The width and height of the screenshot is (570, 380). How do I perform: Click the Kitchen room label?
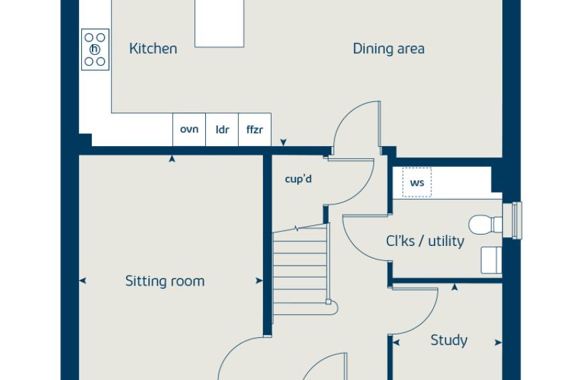pos(153,49)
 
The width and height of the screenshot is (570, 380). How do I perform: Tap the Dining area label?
pos(388,49)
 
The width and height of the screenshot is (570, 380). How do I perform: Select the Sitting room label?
pos(165,281)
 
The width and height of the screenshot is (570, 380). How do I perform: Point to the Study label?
pos(449,340)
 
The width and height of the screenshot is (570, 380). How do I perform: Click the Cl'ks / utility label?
pos(425,241)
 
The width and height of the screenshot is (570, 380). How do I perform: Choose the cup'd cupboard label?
pos(298,179)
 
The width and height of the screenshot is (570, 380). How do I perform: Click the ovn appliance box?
pos(189,130)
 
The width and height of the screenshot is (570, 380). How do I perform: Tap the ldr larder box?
pos(222,130)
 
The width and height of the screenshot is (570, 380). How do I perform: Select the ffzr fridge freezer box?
pos(255,130)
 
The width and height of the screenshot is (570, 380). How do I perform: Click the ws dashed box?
pos(417,182)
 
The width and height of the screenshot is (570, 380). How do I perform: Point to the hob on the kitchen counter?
pos(95,50)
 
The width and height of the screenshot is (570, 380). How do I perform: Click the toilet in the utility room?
pos(486,225)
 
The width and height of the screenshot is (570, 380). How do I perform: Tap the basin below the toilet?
pos(492,260)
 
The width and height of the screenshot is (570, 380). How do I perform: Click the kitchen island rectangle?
pos(219,23)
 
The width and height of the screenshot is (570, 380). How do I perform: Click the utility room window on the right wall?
pos(512,220)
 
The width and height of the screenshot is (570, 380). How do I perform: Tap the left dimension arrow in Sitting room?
pos(82,280)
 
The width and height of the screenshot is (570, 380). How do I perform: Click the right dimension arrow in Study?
pos(498,342)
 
